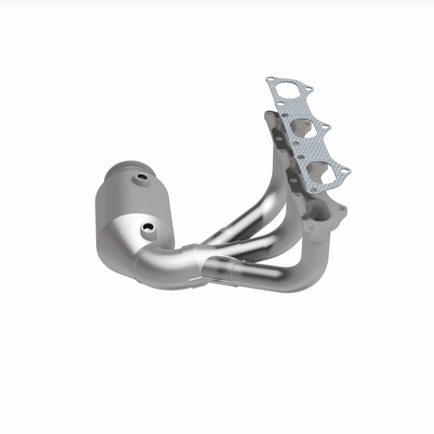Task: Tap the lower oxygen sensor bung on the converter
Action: pos(146,228)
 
